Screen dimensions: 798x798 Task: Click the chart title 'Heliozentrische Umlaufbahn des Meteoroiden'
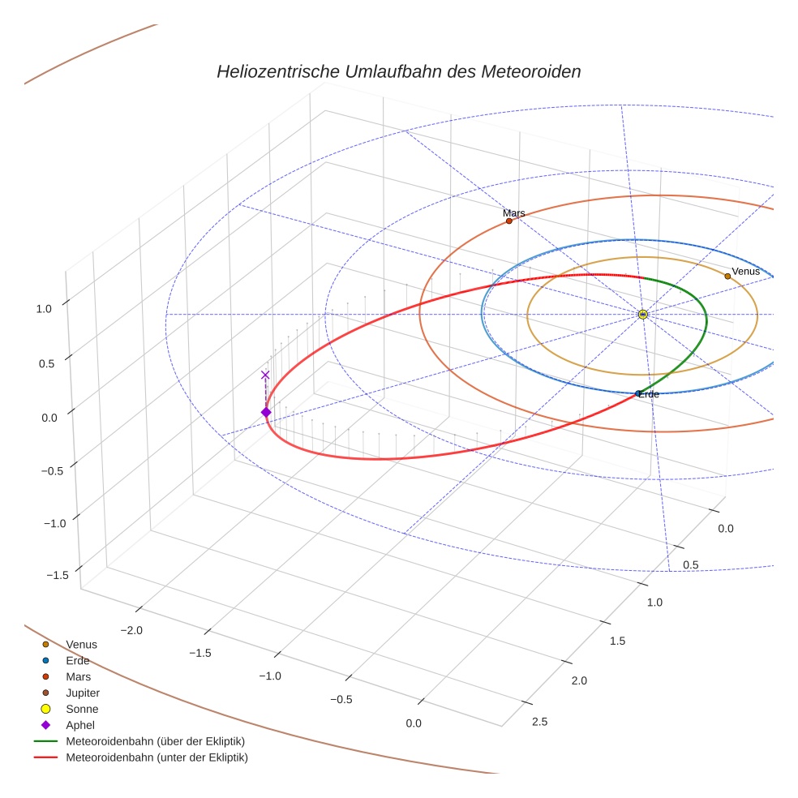click(x=398, y=71)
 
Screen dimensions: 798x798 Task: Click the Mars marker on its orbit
click(x=508, y=221)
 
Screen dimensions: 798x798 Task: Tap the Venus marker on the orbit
click(x=727, y=276)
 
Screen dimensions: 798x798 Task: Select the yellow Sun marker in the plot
click(x=642, y=314)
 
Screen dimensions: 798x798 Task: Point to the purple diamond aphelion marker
click(x=265, y=413)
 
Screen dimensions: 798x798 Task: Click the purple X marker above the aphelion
click(x=265, y=375)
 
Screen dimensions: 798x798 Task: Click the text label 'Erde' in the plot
click(x=649, y=394)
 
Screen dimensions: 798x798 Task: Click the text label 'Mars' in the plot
click(x=513, y=213)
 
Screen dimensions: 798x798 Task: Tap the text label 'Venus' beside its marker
click(x=746, y=271)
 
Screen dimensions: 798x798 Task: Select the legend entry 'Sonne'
click(x=82, y=709)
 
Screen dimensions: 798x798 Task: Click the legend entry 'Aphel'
click(x=80, y=725)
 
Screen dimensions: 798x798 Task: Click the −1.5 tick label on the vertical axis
click(x=57, y=575)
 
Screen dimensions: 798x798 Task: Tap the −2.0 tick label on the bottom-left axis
click(x=131, y=630)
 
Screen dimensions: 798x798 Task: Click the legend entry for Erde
click(x=78, y=660)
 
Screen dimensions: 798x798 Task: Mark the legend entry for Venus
click(x=81, y=644)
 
